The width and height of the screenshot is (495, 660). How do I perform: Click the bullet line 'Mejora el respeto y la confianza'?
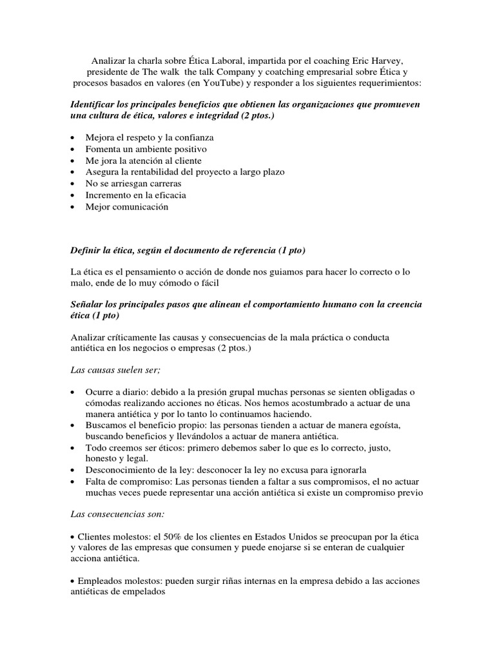[149, 137]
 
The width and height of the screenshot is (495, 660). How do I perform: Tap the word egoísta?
[403, 427]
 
